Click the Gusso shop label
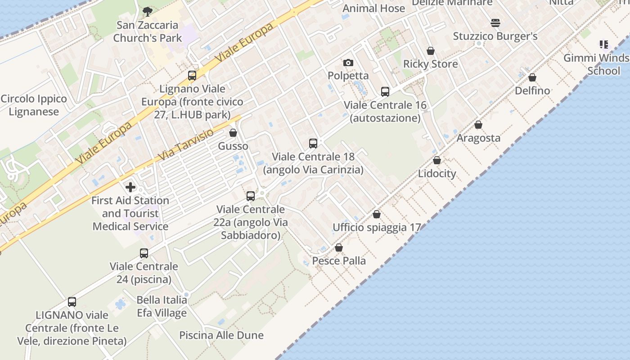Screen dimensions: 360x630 pyautogui.click(x=233, y=146)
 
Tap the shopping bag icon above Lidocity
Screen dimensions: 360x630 pyautogui.click(x=436, y=160)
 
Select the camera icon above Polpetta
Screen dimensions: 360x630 pyautogui.click(x=348, y=63)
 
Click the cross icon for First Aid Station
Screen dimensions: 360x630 pyautogui.click(x=130, y=187)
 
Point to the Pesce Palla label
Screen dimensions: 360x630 pyautogui.click(x=339, y=261)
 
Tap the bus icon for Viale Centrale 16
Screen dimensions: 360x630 pyautogui.click(x=385, y=92)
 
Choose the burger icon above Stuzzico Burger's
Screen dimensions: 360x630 pyautogui.click(x=495, y=22)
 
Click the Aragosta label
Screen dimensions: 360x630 pyautogui.click(x=478, y=138)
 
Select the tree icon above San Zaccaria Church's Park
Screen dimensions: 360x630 pyautogui.click(x=147, y=11)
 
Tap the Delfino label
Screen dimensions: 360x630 pyautogui.click(x=532, y=90)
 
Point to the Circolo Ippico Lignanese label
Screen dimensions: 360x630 pyautogui.click(x=34, y=105)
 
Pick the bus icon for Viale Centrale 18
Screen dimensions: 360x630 pyautogui.click(x=313, y=144)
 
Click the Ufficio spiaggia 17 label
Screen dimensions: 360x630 pyautogui.click(x=377, y=228)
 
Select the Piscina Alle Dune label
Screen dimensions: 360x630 pyautogui.click(x=221, y=335)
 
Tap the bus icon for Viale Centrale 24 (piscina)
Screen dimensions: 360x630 pyautogui.click(x=144, y=253)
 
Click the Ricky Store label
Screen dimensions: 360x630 pyautogui.click(x=430, y=64)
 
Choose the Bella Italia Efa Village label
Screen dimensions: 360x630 pyautogui.click(x=162, y=306)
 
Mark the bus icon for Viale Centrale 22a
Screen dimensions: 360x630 pyautogui.click(x=251, y=196)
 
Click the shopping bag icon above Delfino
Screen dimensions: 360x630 pyautogui.click(x=532, y=77)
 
